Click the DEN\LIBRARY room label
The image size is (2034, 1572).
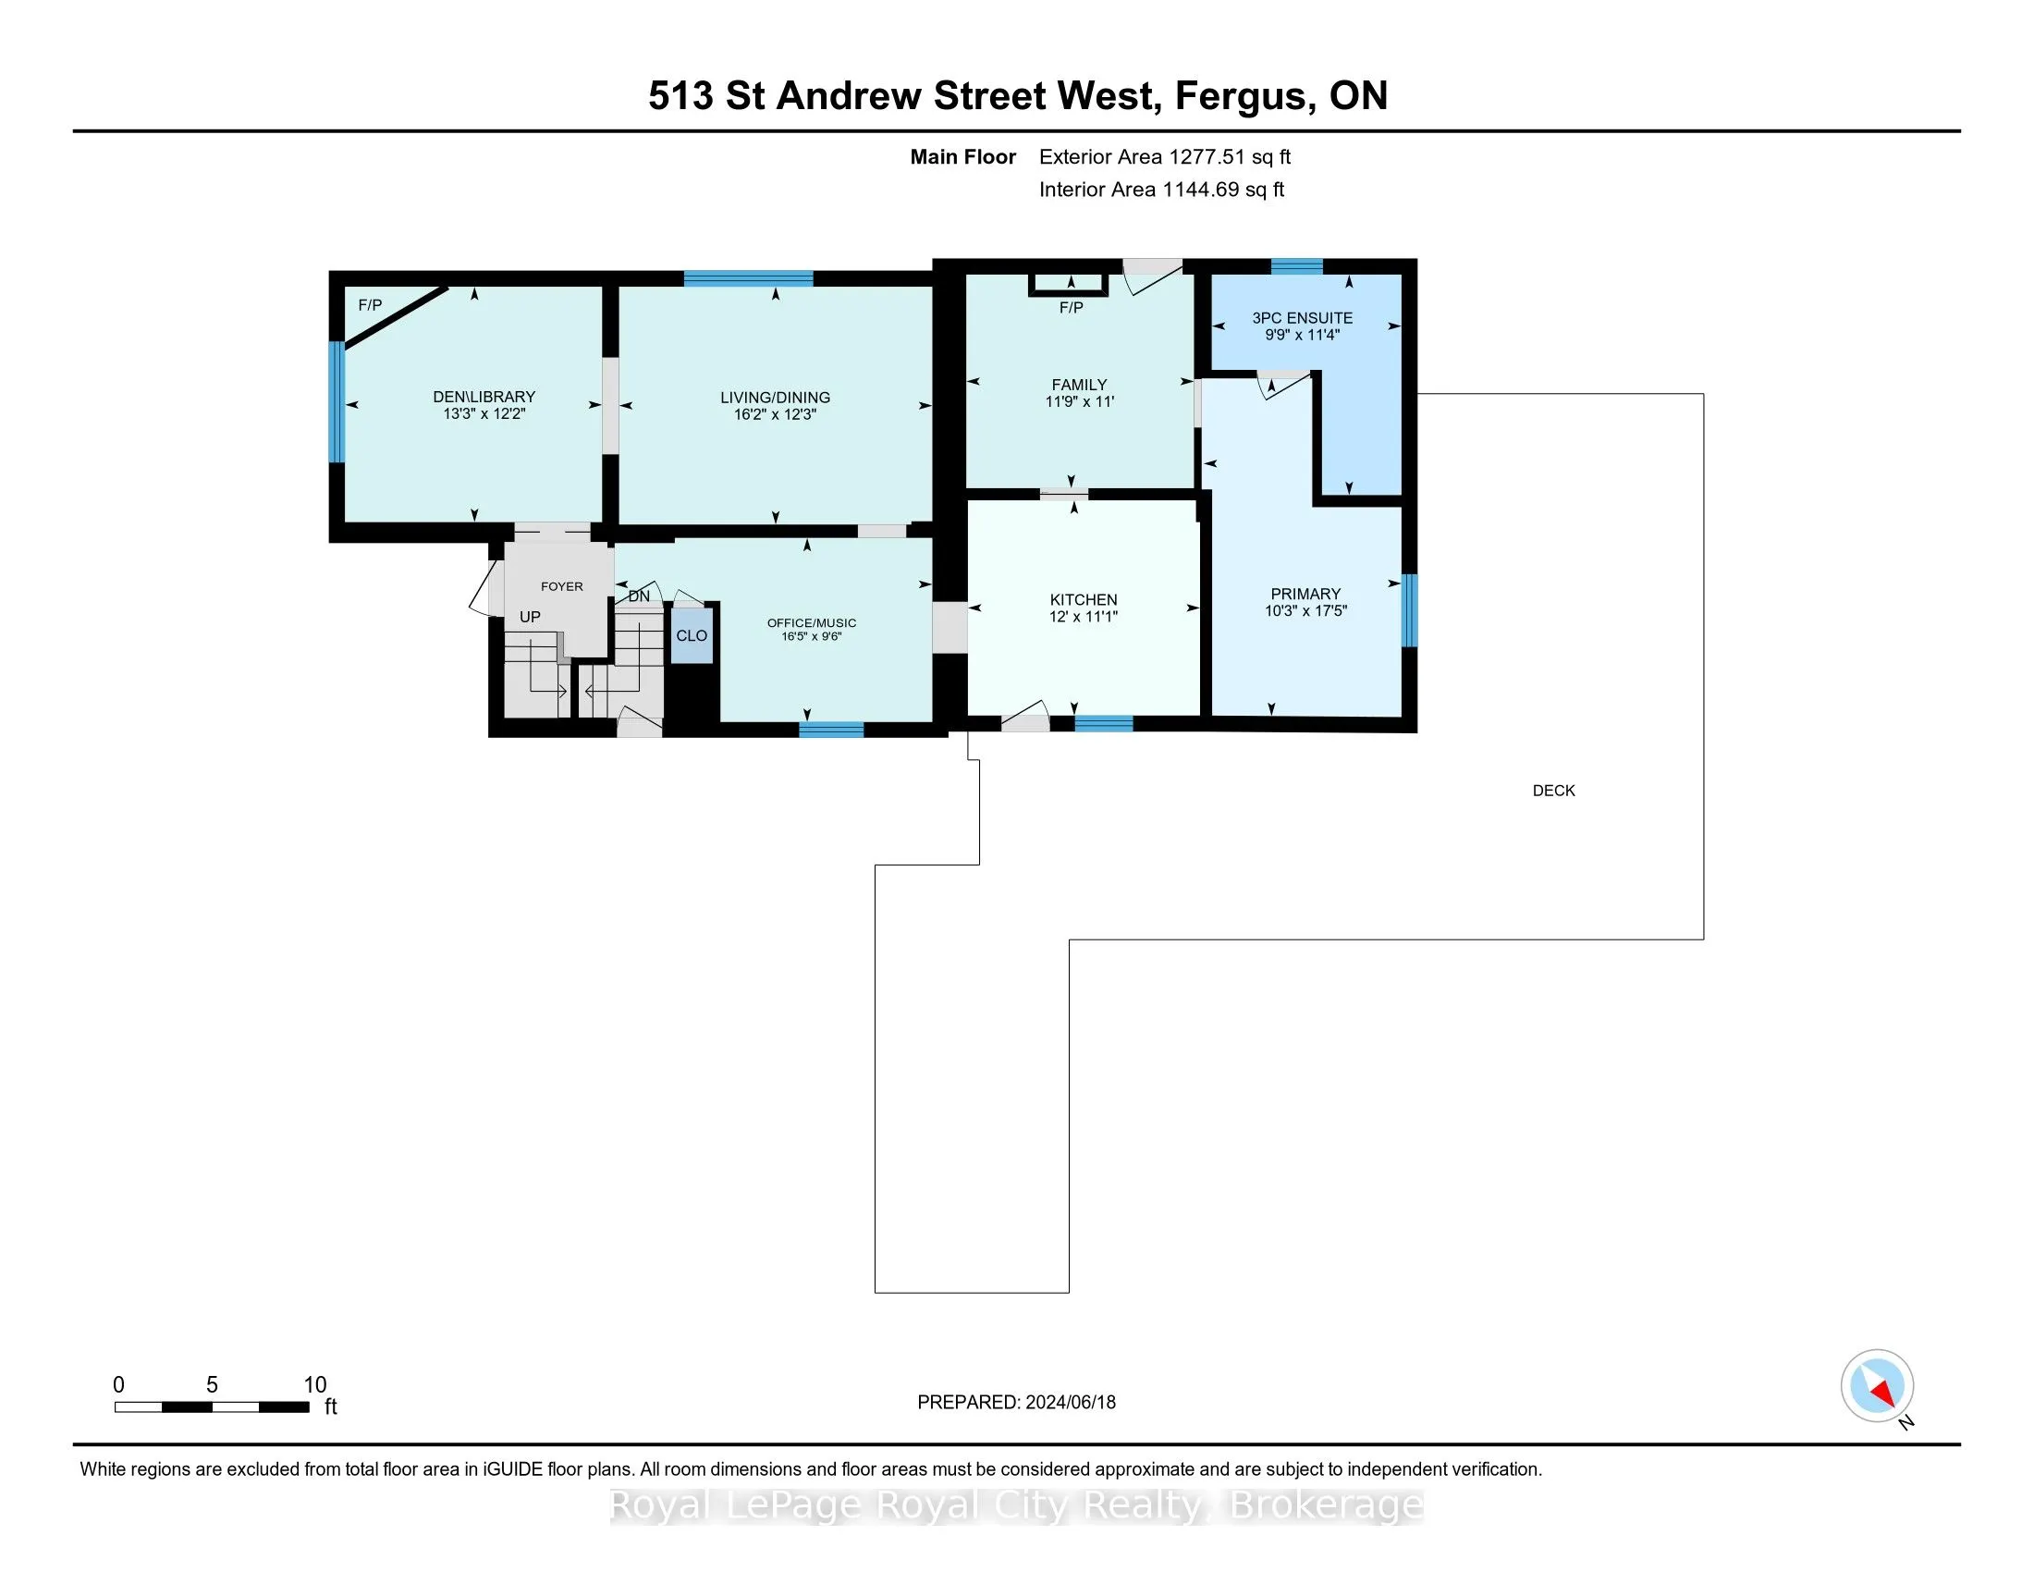(x=484, y=397)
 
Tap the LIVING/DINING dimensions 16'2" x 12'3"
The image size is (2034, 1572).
(x=774, y=414)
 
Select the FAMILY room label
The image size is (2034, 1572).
(x=1078, y=385)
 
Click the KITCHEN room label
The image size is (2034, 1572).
(x=1084, y=600)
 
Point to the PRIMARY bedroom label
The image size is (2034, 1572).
(x=1305, y=595)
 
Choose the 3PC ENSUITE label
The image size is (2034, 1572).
(x=1302, y=318)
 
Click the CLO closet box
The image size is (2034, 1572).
(x=691, y=636)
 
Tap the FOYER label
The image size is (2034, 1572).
(x=561, y=586)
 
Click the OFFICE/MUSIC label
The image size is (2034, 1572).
(x=811, y=623)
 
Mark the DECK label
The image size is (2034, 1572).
(x=1553, y=791)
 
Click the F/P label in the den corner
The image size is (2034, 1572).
(x=370, y=305)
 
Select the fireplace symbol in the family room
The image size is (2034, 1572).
(x=1069, y=283)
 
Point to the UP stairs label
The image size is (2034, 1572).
(x=530, y=617)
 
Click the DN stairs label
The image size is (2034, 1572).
(x=639, y=597)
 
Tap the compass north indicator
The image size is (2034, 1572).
(x=1878, y=1385)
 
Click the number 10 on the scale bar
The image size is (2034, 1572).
(x=314, y=1385)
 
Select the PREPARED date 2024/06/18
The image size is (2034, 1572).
(x=1069, y=1403)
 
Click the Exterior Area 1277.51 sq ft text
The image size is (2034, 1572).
(x=1164, y=157)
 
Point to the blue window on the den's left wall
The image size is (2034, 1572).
(x=337, y=402)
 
